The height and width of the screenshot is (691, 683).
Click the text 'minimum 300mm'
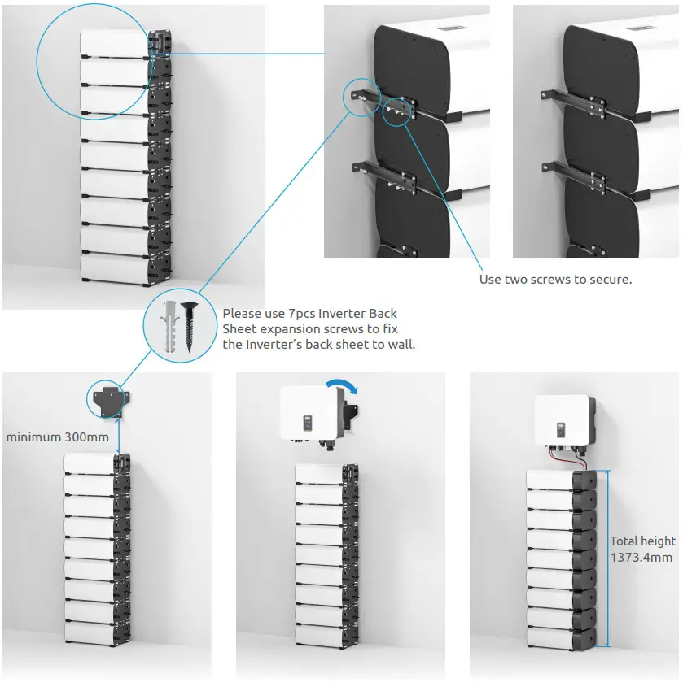click(x=57, y=437)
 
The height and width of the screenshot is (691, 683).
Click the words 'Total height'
click(x=642, y=541)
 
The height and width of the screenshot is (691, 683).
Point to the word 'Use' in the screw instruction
click(x=490, y=279)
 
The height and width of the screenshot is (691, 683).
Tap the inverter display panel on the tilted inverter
click(x=309, y=423)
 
